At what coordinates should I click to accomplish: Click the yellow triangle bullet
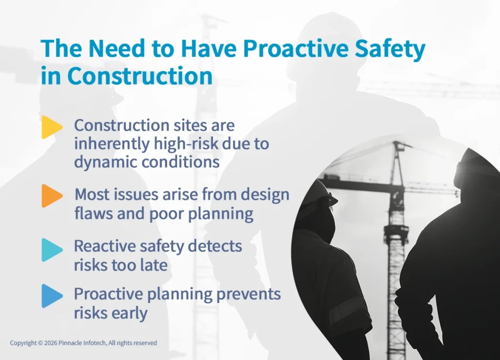pos(51,127)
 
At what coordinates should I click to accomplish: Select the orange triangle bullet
pos(51,196)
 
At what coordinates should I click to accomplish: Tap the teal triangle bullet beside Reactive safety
pos(51,250)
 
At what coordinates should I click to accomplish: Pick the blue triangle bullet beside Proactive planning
pos(51,296)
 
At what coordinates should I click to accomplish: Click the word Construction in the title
pos(140,76)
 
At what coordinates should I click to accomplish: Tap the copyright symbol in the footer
pos(41,343)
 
